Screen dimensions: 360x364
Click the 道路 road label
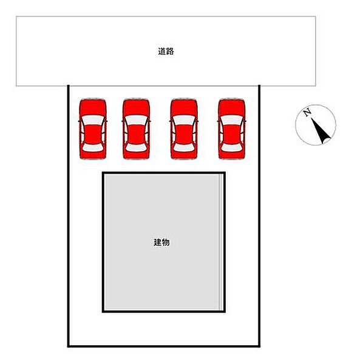[x=166, y=52]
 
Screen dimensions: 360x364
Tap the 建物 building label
[x=161, y=242]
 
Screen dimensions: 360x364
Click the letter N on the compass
[x=308, y=112]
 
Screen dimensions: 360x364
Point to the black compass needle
[x=321, y=130]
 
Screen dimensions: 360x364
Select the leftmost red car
[x=93, y=129]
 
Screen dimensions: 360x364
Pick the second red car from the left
[x=136, y=129]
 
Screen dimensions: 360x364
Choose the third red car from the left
[x=184, y=129]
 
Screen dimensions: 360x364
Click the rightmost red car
[x=232, y=129]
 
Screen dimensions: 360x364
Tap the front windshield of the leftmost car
[x=93, y=120]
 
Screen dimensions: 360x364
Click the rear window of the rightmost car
[x=232, y=147]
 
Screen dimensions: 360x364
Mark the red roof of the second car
[x=136, y=134]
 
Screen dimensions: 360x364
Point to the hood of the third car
[x=184, y=107]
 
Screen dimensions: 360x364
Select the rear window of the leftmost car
[x=93, y=147]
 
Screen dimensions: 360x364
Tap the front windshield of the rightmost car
[x=232, y=120]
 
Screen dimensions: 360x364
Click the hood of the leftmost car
[x=93, y=107]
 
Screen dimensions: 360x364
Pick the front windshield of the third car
[x=184, y=120]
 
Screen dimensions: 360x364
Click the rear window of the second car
[x=136, y=147]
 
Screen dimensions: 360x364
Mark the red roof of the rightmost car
[x=232, y=134]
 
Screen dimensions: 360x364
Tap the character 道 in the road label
[x=162, y=52]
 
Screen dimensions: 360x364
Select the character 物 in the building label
[x=166, y=242]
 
